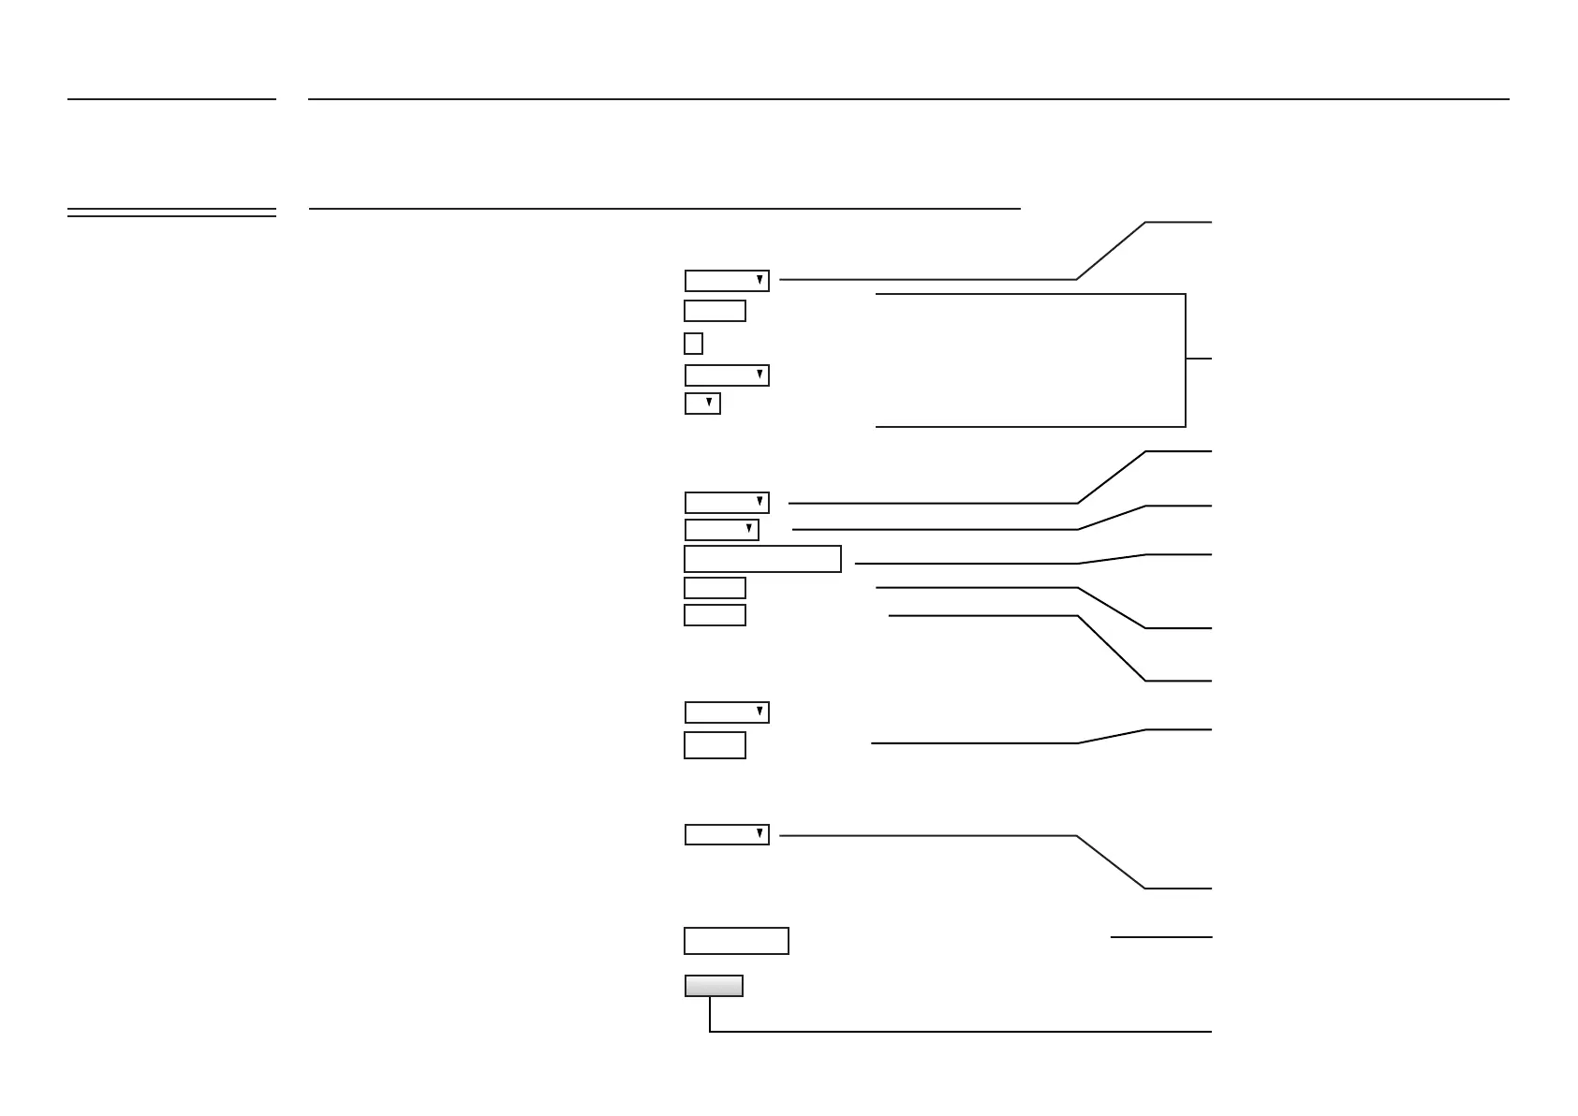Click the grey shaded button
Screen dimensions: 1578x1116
pos(714,986)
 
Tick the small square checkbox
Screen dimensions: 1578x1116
pos(693,344)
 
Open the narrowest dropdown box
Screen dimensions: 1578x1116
pos(702,404)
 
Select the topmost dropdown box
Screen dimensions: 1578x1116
pos(727,281)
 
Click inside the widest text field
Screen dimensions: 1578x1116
pos(762,559)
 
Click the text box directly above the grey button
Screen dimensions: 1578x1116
pos(736,941)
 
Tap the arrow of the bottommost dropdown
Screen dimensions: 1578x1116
pos(760,834)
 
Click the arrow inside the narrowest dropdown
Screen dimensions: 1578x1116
pos(709,404)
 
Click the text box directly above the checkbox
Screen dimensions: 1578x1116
pos(715,311)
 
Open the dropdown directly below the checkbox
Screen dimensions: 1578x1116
pos(727,375)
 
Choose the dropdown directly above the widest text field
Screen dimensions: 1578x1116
pos(721,530)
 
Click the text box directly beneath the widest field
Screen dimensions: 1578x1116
pos(715,588)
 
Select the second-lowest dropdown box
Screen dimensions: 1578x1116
pos(727,712)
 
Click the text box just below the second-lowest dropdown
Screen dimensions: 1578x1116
pos(715,745)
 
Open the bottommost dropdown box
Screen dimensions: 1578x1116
pos(727,834)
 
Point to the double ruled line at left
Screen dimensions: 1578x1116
pos(171,213)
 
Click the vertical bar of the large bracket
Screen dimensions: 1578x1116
pos(1186,360)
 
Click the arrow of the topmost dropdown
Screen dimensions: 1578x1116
pos(760,281)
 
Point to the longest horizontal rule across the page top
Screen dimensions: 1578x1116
pos(908,99)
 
